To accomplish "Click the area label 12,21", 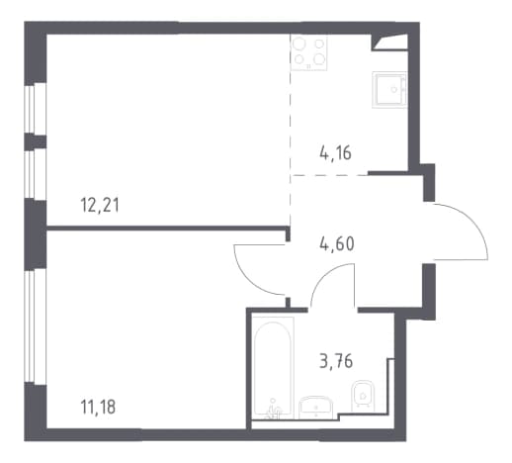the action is pyautogui.click(x=100, y=206).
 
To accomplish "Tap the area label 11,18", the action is pyautogui.click(x=98, y=407).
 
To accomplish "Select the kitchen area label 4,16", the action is pyautogui.click(x=335, y=153).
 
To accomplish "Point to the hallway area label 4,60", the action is pyautogui.click(x=337, y=244).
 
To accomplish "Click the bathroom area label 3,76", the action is pyautogui.click(x=336, y=361).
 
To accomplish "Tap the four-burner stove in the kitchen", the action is pyautogui.click(x=309, y=52).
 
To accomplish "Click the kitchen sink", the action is pyautogui.click(x=389, y=90).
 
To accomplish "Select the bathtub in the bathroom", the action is pyautogui.click(x=273, y=368).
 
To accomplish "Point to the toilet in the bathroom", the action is pyautogui.click(x=363, y=396).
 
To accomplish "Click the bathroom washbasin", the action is pyautogui.click(x=316, y=408).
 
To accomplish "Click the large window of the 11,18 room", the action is pyautogui.click(x=35, y=326).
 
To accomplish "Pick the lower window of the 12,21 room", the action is pyautogui.click(x=35, y=174).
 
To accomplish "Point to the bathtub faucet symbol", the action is pyautogui.click(x=273, y=410).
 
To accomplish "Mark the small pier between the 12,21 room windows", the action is pyautogui.click(x=36, y=141).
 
